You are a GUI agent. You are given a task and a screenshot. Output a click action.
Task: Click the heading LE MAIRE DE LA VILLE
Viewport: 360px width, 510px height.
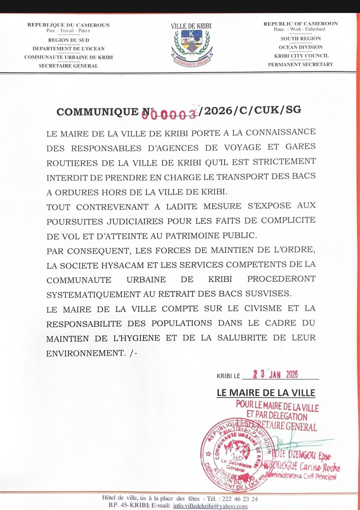coord(266,393)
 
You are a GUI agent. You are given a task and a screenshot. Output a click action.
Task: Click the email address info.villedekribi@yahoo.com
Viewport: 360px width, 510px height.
coord(210,506)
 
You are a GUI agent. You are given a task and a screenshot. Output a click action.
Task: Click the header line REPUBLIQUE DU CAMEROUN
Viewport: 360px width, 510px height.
coord(68,25)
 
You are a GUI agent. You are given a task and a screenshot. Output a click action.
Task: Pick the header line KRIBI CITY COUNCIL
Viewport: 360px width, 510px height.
coord(301,56)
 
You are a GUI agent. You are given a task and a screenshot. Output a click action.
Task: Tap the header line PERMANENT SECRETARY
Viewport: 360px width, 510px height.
coord(300,64)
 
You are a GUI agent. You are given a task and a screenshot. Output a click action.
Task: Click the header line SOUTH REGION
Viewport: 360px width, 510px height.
coord(300,39)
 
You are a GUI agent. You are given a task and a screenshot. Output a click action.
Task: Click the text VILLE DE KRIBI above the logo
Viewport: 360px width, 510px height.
coord(191,26)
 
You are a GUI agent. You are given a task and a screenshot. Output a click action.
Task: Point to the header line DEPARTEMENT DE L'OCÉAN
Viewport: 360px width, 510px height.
coord(68,49)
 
